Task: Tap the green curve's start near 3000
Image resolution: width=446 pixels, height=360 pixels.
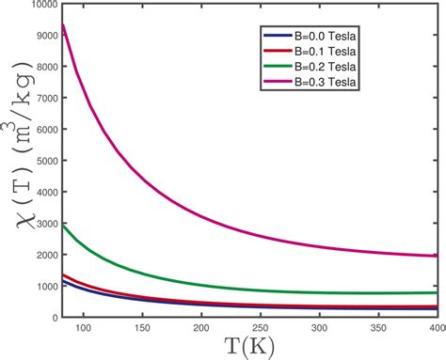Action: (x=63, y=226)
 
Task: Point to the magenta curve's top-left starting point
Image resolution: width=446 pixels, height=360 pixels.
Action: (x=63, y=24)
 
